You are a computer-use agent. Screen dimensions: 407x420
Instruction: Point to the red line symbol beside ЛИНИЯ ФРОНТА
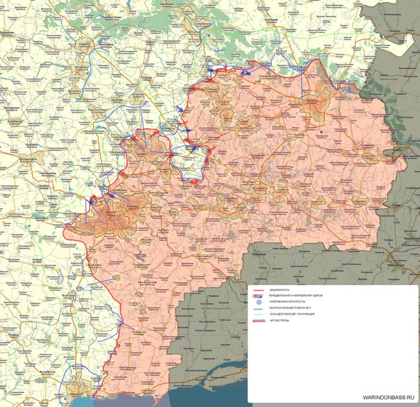tap(258, 289)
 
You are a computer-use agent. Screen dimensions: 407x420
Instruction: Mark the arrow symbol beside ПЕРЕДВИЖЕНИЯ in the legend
tap(258, 296)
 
